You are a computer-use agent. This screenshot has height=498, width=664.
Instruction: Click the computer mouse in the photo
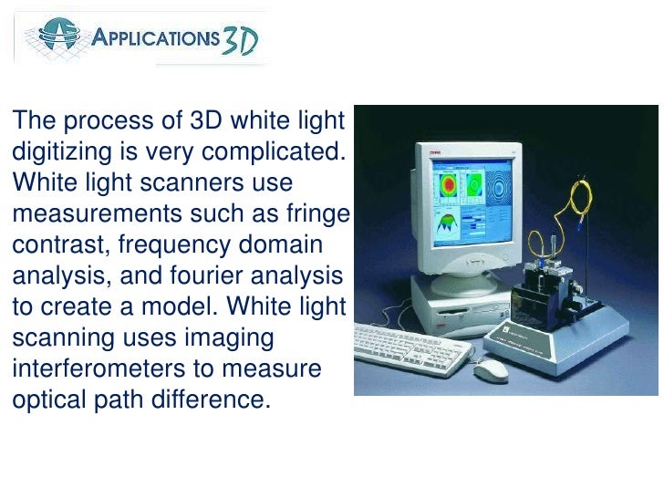492,368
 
